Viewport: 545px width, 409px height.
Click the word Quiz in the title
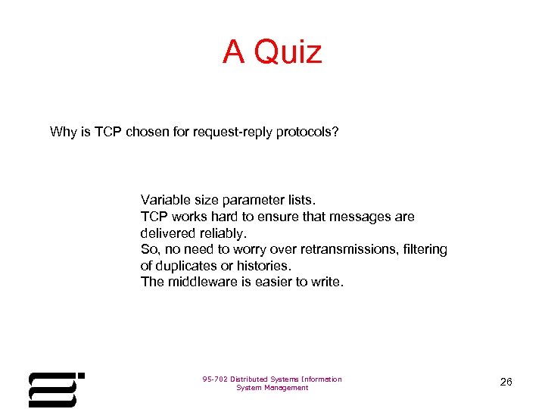(x=288, y=52)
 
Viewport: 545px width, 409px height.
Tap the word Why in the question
(x=64, y=133)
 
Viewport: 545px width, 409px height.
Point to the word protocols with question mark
(x=309, y=133)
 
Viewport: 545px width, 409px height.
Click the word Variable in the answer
(x=164, y=201)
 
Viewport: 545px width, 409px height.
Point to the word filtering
(x=424, y=249)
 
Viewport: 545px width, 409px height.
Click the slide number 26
(x=506, y=382)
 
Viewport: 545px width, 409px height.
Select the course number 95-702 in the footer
(x=216, y=379)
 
